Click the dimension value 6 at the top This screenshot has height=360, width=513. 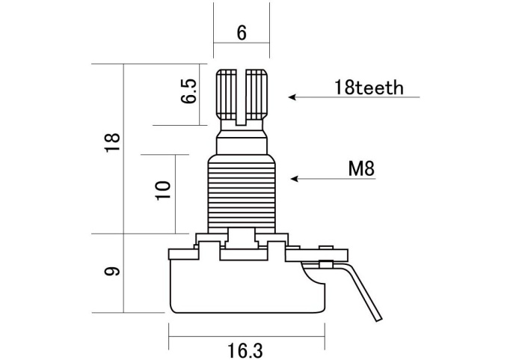[241, 34]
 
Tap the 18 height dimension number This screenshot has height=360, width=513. [112, 142]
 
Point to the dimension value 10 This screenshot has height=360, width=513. [165, 188]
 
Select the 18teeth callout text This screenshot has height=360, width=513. [369, 88]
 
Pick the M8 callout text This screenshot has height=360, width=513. [361, 169]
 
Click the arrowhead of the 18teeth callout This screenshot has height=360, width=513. [292, 97]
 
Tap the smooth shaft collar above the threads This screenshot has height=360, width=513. [242, 142]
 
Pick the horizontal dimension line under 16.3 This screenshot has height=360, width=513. [245, 334]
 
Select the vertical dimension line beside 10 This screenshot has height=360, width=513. [176, 193]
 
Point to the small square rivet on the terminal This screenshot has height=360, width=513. [325, 263]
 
